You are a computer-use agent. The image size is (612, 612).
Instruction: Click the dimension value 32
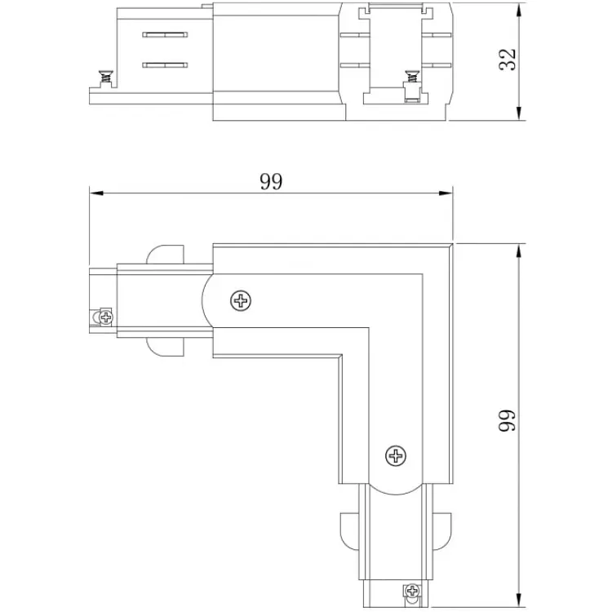508,60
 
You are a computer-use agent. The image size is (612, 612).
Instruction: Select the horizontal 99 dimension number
271,181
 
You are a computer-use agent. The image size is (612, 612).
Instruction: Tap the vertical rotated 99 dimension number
508,420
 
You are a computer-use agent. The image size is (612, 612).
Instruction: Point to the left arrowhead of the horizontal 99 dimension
96,193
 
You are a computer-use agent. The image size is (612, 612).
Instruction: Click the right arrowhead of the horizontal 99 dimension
446,193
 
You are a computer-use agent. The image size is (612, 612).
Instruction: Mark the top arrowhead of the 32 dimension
519,11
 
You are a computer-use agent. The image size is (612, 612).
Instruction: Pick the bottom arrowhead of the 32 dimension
519,113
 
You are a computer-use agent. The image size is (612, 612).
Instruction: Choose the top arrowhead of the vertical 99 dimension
519,251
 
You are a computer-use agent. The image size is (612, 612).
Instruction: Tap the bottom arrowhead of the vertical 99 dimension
519,600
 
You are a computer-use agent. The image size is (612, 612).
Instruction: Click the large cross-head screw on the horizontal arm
241,301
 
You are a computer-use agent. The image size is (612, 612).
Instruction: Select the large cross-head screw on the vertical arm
396,455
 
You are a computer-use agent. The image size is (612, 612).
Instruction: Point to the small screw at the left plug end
106,317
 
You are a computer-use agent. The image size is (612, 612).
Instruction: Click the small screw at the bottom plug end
412,591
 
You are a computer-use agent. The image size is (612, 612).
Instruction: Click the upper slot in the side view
165,35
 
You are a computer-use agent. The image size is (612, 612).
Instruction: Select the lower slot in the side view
165,65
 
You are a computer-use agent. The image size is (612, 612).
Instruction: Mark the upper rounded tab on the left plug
165,255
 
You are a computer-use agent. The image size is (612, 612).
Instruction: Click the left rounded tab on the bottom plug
349,531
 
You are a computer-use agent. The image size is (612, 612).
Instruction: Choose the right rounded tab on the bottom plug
442,531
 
